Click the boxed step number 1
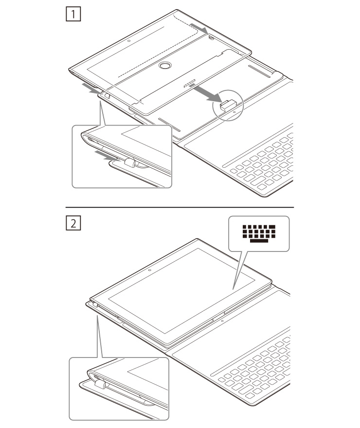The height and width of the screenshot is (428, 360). (x=73, y=14)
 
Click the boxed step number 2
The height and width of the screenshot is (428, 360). (x=73, y=223)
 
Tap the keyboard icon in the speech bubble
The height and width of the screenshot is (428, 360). (x=259, y=233)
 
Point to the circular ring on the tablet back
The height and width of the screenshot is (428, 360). (x=165, y=66)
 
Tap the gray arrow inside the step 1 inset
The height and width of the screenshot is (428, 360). (x=107, y=156)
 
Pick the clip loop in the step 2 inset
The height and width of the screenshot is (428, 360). (x=100, y=384)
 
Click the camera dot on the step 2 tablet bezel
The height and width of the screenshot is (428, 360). (x=150, y=270)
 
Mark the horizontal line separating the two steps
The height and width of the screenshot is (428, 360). (x=180, y=208)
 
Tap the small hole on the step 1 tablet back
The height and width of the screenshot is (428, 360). (x=129, y=41)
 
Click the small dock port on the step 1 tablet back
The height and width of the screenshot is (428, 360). (x=189, y=84)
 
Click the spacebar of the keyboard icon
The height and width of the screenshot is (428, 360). (x=259, y=241)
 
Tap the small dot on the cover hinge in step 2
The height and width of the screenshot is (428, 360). (x=222, y=321)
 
